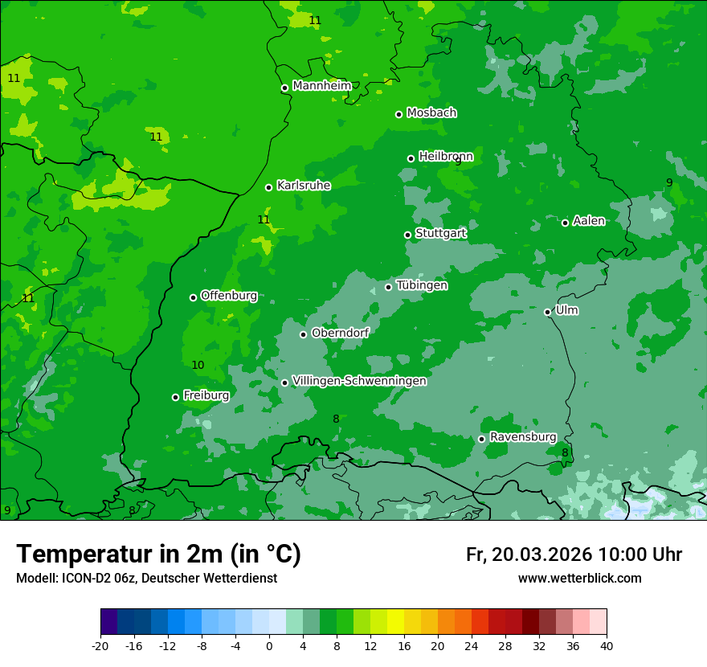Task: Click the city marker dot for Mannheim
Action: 284,88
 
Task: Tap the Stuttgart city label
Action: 440,233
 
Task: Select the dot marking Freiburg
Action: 175,397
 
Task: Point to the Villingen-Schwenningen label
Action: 359,381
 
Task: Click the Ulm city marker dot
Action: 547,312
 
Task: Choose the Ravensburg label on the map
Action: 523,437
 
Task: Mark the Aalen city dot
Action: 565,223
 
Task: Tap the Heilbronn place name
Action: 446,156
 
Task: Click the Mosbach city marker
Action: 398,114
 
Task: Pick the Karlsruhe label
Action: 304,186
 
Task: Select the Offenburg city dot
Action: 193,297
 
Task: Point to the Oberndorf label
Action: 340,333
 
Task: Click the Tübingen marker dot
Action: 388,287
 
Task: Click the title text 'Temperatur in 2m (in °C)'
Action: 158,554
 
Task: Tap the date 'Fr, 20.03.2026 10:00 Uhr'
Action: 574,554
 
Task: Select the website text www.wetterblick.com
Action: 579,579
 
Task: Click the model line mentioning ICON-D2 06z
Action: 146,579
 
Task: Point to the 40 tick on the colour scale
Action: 606,645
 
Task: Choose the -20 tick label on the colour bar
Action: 100,645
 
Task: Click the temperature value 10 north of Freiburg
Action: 198,366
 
